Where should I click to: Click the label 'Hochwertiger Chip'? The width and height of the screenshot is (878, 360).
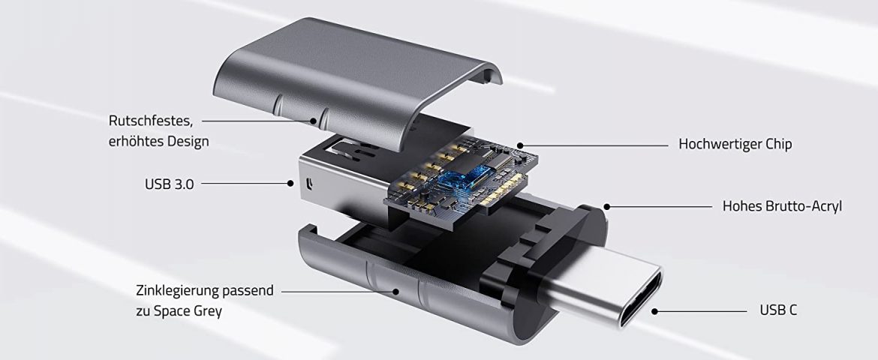[735, 144]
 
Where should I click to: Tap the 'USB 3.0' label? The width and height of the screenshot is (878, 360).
[169, 183]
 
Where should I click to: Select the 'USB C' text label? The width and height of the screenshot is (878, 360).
[778, 310]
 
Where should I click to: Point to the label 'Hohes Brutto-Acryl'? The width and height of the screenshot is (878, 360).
[782, 205]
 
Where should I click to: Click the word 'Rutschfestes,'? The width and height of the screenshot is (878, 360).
[151, 120]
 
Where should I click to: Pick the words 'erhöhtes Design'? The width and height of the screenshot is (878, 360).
[158, 140]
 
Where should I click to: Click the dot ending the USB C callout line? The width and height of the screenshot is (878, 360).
[655, 310]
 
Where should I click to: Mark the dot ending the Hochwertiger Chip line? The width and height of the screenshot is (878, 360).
[518, 145]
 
